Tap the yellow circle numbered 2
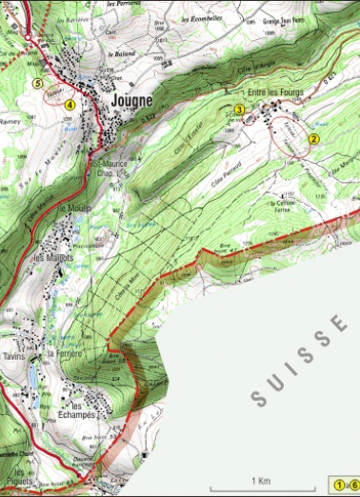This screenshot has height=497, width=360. [x=311, y=139]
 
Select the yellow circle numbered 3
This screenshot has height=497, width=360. [x=240, y=110]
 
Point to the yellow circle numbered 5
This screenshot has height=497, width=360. [x=38, y=84]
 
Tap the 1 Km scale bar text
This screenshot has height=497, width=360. [x=259, y=482]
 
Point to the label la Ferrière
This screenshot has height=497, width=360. [x=66, y=354]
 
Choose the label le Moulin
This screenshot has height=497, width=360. [x=73, y=209]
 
